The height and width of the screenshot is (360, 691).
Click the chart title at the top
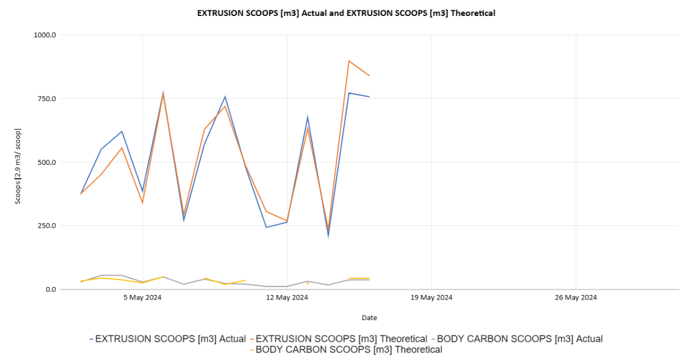click(346, 13)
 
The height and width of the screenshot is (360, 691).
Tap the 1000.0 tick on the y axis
click(45, 35)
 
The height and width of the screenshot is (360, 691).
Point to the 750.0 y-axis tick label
click(46, 99)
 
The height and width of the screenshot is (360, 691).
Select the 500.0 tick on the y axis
click(46, 162)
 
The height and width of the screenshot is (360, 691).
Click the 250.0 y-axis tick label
click(46, 226)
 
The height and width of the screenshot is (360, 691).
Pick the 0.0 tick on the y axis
click(50, 289)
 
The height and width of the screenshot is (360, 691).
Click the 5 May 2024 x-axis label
click(143, 297)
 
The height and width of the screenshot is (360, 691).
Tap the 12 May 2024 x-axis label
click(287, 297)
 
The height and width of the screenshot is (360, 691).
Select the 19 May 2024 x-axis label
click(431, 297)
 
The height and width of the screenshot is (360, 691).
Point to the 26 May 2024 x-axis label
click(576, 297)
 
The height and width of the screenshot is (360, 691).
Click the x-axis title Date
click(369, 318)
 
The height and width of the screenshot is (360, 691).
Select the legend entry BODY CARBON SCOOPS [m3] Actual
click(519, 339)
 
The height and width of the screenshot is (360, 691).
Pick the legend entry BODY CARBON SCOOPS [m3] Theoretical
click(348, 349)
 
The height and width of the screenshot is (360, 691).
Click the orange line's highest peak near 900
click(349, 61)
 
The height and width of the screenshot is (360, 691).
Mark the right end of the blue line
click(369, 97)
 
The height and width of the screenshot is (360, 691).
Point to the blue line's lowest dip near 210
click(328, 235)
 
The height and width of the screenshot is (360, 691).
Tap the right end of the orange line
click(369, 76)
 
